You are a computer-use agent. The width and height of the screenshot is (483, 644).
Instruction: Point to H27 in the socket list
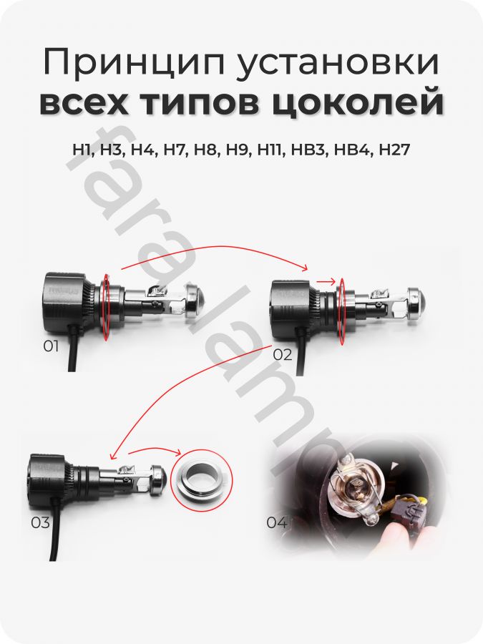(x=394, y=150)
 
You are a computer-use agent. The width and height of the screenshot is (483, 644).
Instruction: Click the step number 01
(x=51, y=346)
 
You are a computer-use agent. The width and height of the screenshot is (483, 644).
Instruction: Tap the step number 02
(x=282, y=354)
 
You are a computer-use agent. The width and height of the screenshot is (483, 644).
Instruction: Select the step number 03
(x=40, y=523)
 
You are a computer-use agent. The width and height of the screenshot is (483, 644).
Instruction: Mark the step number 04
(x=276, y=523)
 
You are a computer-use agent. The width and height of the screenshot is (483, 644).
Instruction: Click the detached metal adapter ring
(x=201, y=475)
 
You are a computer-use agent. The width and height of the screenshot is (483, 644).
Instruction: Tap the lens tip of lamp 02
(x=418, y=305)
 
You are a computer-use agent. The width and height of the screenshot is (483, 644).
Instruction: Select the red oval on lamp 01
(x=107, y=307)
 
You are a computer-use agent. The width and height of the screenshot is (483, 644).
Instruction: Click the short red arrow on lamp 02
(x=326, y=282)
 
